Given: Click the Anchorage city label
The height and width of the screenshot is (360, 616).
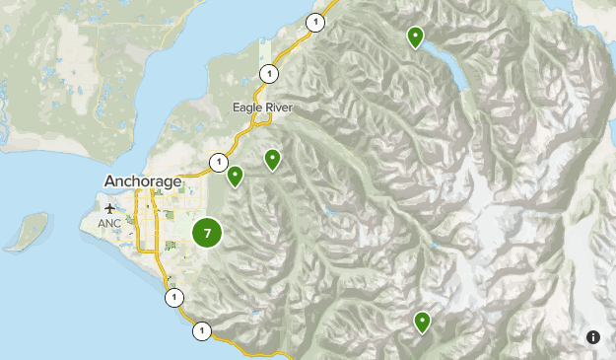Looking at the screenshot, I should (143, 181).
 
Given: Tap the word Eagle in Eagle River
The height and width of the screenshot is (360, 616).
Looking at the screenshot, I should (247, 108).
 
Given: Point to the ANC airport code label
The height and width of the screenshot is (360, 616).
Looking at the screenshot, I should (108, 224).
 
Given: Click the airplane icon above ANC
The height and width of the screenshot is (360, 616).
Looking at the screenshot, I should (108, 208).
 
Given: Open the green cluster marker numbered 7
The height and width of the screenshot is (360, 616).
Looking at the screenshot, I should (207, 234).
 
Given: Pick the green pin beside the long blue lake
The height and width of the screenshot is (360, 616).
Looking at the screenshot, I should (416, 37).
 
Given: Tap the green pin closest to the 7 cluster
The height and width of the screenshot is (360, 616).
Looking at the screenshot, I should (235, 176).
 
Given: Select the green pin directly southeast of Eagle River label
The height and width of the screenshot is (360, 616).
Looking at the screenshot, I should (272, 158).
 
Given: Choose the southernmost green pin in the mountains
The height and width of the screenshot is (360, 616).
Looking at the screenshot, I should (422, 321).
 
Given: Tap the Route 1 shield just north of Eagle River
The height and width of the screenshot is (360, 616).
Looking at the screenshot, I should (268, 72).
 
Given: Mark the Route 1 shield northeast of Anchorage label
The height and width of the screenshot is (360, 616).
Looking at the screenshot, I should (217, 161).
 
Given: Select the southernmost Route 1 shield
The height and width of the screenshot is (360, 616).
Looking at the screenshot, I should (202, 330).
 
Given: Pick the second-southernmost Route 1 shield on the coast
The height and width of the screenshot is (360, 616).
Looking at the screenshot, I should (173, 297).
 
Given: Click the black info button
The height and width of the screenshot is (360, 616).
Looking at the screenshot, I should (593, 337).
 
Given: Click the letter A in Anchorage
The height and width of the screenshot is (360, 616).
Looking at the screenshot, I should (109, 181).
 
